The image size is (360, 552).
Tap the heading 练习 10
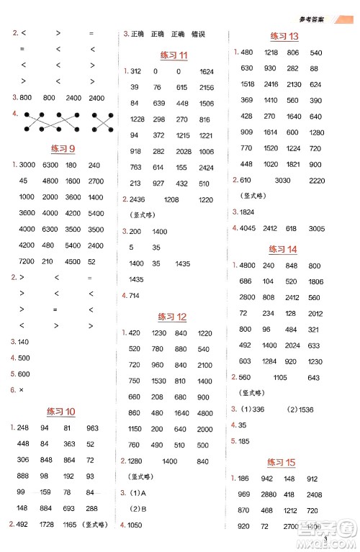60,412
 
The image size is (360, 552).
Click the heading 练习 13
284,36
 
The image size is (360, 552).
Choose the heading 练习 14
282,249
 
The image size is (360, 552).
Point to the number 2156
206,87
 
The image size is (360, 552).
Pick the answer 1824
247,212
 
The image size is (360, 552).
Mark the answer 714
136,295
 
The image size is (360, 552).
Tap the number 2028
183,150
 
